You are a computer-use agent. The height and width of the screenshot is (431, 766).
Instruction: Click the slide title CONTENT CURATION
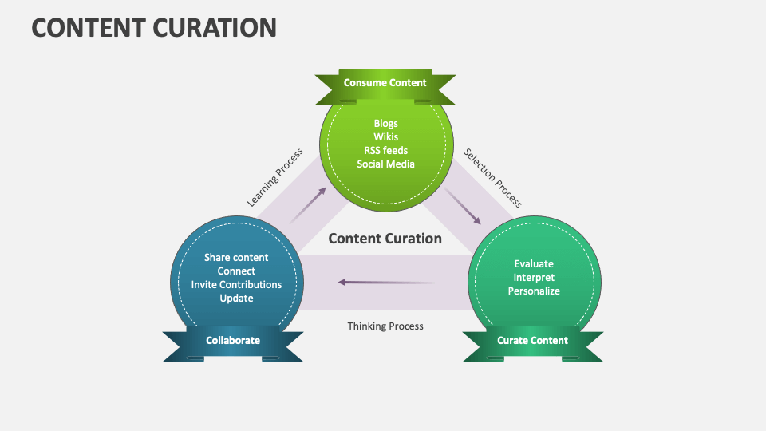pos(154,27)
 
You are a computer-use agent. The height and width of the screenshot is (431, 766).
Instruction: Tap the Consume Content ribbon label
pos(385,82)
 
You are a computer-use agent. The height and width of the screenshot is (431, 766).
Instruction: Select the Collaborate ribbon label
pos(233,340)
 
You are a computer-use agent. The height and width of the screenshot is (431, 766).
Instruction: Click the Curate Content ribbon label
pos(532,340)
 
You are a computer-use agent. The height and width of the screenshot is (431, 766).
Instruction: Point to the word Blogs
pos(385,123)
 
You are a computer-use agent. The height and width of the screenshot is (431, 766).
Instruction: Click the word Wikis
pos(385,136)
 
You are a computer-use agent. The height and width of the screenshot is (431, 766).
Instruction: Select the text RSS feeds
pos(385,150)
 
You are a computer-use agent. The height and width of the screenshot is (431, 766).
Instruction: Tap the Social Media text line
pos(385,164)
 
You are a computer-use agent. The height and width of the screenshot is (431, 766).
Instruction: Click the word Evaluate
pos(534,263)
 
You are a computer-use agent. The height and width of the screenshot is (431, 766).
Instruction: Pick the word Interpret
pos(534,277)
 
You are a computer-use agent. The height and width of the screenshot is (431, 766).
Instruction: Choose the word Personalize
pos(534,291)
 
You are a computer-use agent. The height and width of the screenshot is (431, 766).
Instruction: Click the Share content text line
pos(236,257)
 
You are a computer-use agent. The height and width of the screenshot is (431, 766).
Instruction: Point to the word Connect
pos(236,271)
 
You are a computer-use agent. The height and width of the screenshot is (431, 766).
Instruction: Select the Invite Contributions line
pos(236,284)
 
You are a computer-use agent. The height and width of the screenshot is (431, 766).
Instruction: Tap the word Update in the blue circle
pos(236,298)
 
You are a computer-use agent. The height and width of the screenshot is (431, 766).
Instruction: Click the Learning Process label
pos(275,178)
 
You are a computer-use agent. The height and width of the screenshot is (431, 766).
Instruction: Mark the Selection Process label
pos(493,178)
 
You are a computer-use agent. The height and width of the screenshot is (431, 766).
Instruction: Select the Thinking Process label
pos(385,326)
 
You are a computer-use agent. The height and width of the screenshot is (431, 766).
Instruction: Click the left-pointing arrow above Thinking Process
pos(385,282)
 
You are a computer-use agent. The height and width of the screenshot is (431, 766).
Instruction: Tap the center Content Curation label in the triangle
pos(385,238)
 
